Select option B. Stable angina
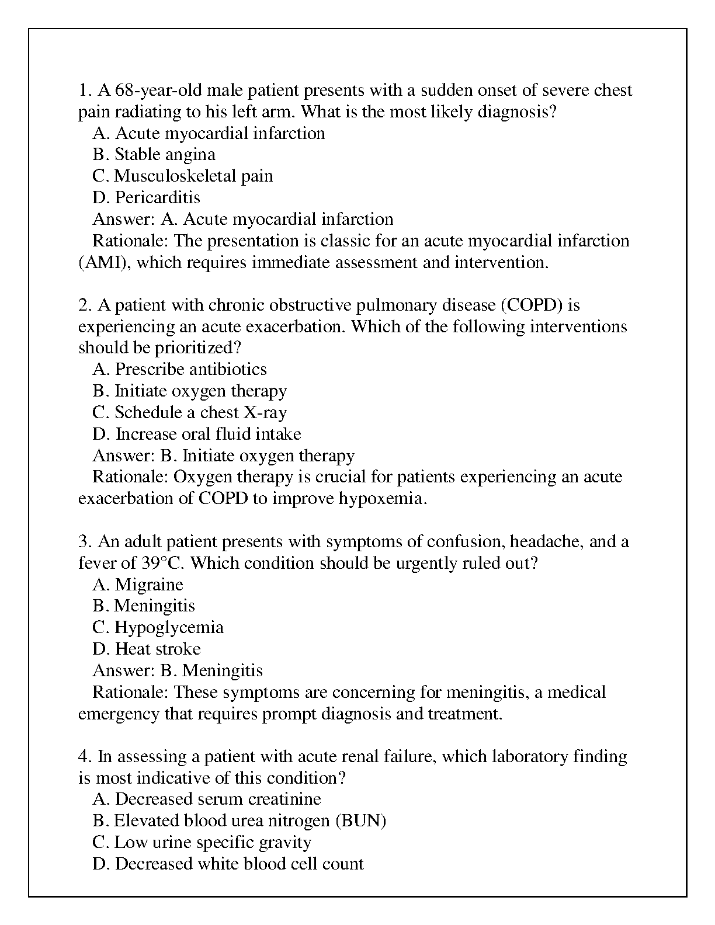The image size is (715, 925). [154, 155]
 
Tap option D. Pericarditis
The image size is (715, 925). [146, 197]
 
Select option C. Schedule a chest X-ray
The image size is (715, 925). [189, 412]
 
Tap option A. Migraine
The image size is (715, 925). [138, 585]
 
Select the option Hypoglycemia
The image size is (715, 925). [158, 628]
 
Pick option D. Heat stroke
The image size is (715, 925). [146, 649]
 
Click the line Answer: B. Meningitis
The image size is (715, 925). [178, 670]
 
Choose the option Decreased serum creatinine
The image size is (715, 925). [207, 799]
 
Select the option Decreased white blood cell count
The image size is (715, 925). [228, 864]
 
